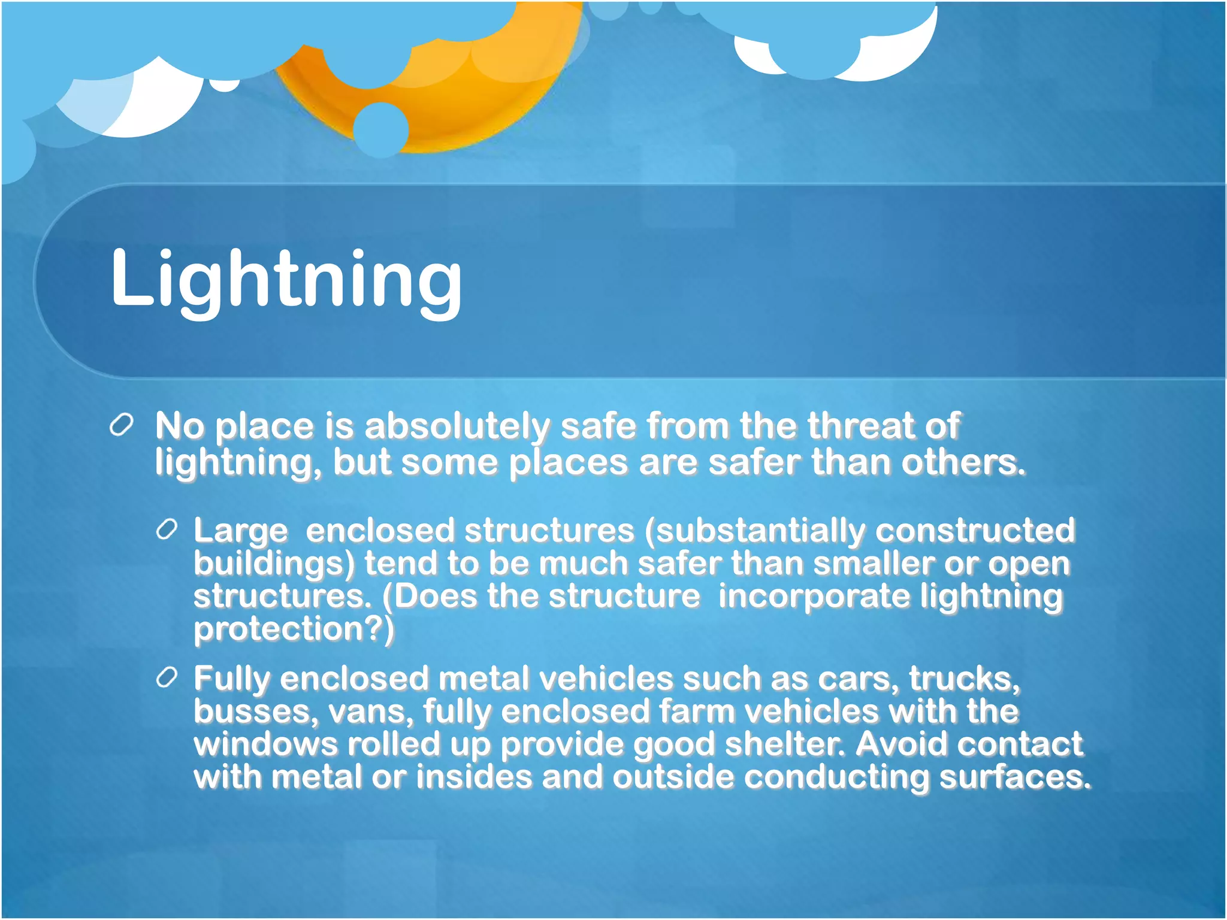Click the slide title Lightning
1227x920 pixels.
click(x=286, y=279)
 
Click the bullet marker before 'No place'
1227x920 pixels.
click(x=122, y=426)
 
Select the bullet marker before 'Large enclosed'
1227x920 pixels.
click(x=167, y=529)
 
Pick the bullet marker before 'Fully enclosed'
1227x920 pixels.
click(x=167, y=677)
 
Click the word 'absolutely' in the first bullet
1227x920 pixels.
click(x=457, y=426)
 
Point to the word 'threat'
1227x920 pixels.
click(x=860, y=426)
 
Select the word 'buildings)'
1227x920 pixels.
click(x=274, y=564)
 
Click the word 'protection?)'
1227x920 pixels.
click(x=294, y=630)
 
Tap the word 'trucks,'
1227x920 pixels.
click(x=964, y=679)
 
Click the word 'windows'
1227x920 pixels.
click(x=265, y=745)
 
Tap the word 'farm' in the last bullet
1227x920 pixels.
click(x=697, y=712)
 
